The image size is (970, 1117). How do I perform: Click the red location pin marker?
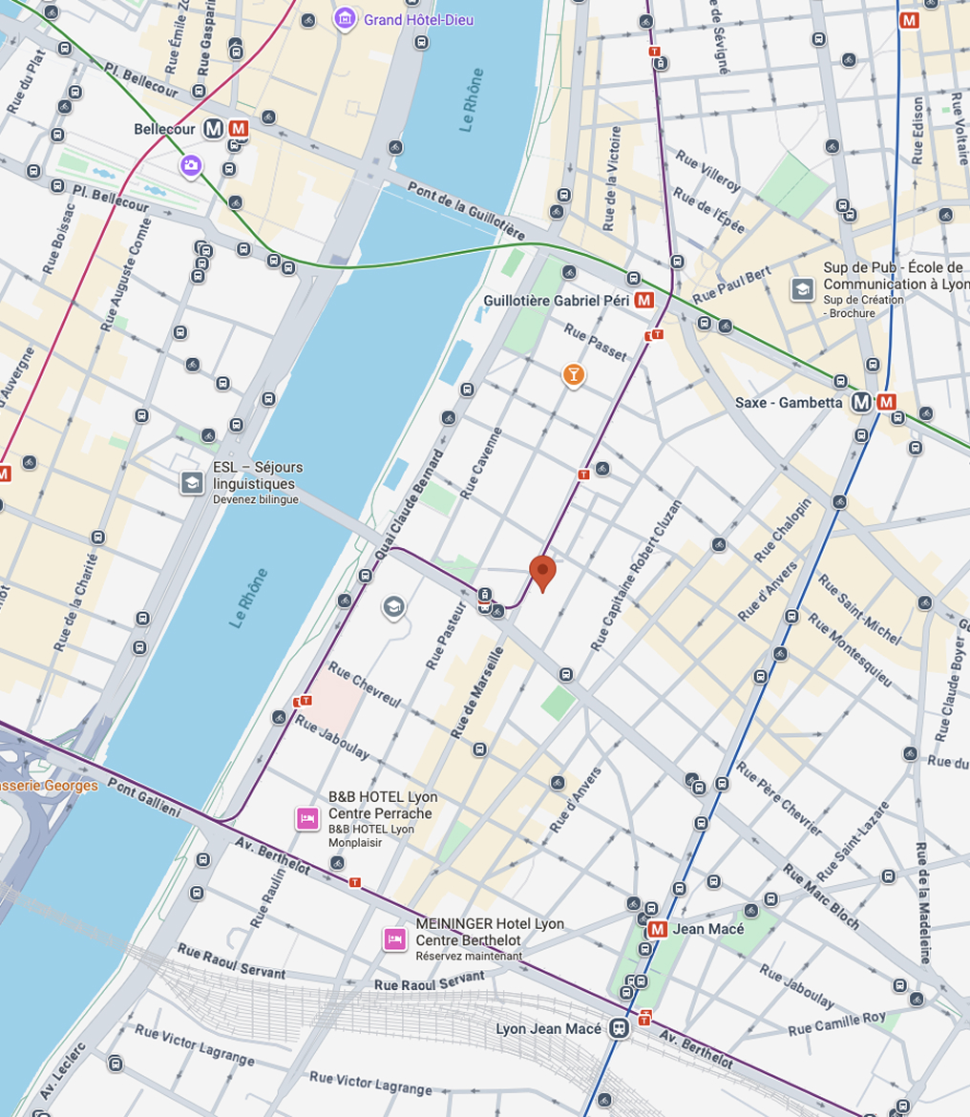(x=542, y=572)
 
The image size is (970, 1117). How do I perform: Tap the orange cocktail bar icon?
(x=573, y=374)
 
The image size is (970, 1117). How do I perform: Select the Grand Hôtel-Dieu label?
(x=418, y=20)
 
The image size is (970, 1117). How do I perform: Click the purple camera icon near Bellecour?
(x=191, y=166)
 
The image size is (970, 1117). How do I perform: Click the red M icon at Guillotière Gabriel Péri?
(x=644, y=301)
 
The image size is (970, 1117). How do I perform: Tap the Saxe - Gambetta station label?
(x=789, y=403)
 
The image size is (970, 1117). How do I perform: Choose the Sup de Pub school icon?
(x=803, y=287)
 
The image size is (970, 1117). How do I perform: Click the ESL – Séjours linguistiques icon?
(x=193, y=482)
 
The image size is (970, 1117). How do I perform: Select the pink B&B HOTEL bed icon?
(x=307, y=817)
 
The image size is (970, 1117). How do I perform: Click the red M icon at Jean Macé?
(x=657, y=929)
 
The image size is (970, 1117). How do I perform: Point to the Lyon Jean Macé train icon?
(x=620, y=1029)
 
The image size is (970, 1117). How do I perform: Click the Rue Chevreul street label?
(x=364, y=684)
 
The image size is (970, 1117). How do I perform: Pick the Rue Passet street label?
(x=596, y=343)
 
